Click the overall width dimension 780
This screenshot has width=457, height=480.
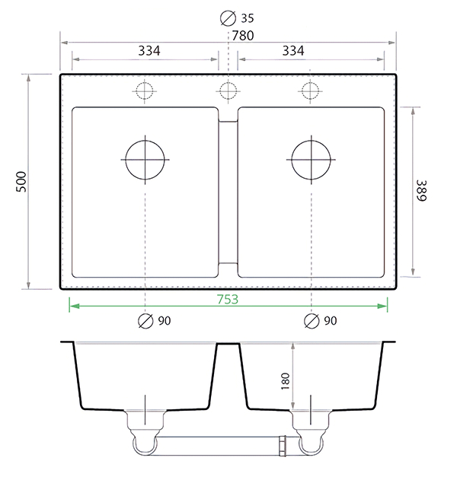click(x=243, y=35)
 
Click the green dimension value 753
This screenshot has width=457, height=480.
click(x=226, y=299)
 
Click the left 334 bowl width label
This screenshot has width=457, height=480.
click(x=149, y=50)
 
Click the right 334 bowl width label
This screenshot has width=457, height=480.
click(x=293, y=50)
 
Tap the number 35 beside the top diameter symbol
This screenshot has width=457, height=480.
click(x=248, y=17)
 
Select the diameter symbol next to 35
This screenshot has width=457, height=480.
click(x=227, y=17)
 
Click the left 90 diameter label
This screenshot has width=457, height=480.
click(x=165, y=321)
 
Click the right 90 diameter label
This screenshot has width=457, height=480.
click(x=330, y=321)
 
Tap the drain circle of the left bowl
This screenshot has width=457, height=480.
click(x=145, y=160)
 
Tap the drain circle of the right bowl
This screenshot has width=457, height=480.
click(x=311, y=160)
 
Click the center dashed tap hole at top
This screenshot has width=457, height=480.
click(x=227, y=91)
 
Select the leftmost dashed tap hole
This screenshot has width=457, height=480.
click(x=145, y=91)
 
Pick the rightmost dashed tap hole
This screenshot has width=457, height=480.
click(x=308, y=91)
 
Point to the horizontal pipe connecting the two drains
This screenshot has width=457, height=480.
click(x=221, y=442)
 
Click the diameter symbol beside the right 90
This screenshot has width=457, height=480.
click(x=311, y=321)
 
